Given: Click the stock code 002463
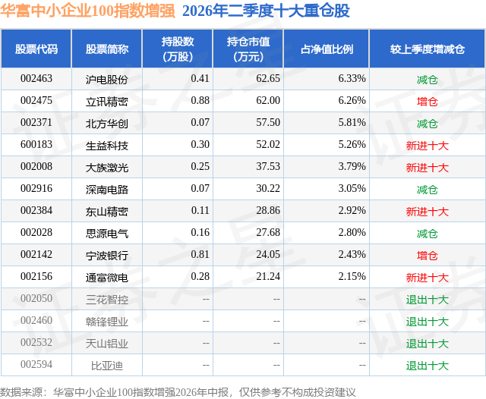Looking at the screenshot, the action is click(36, 79).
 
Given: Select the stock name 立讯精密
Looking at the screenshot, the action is click(107, 102).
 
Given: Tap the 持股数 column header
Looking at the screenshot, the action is click(178, 49).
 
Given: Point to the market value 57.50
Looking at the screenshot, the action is click(268, 123).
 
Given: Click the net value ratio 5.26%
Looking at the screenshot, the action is click(352, 145).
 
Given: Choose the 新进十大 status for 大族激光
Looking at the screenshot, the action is click(427, 168).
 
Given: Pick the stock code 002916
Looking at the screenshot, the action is click(36, 189).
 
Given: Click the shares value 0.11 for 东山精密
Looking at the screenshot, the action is click(200, 210).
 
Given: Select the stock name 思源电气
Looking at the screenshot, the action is click(107, 234).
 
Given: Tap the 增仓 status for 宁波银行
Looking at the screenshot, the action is click(427, 256).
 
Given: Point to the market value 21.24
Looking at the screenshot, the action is click(268, 276).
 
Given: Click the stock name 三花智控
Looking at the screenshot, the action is click(107, 300).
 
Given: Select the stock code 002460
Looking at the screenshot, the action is click(36, 320).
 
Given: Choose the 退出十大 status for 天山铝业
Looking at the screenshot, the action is click(427, 344).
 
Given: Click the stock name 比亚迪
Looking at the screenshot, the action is click(107, 366).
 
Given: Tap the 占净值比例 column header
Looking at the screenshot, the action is click(327, 49).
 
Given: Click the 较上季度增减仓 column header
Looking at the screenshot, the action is click(428, 49).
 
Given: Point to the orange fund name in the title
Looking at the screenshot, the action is click(88, 11).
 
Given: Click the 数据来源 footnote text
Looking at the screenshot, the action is click(178, 392).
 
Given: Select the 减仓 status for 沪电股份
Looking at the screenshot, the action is click(427, 80).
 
